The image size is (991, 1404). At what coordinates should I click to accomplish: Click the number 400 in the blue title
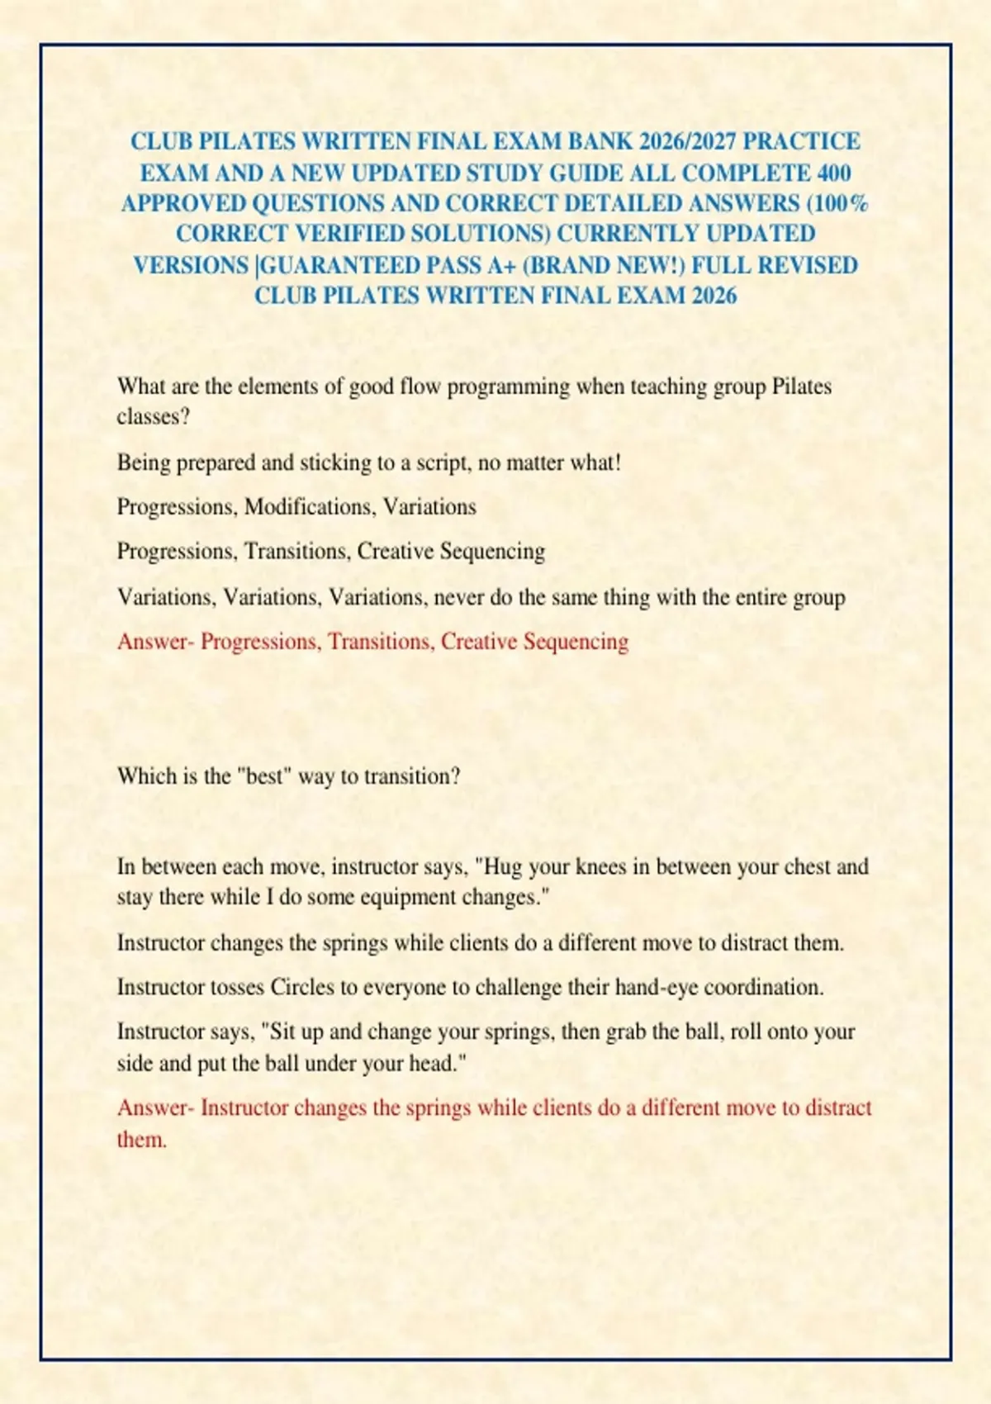pos(834,173)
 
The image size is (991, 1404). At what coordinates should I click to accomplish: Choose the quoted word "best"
pos(263,776)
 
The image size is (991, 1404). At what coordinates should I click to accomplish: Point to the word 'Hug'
pos(500,866)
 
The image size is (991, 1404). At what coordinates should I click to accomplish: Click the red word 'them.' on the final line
pos(142,1140)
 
